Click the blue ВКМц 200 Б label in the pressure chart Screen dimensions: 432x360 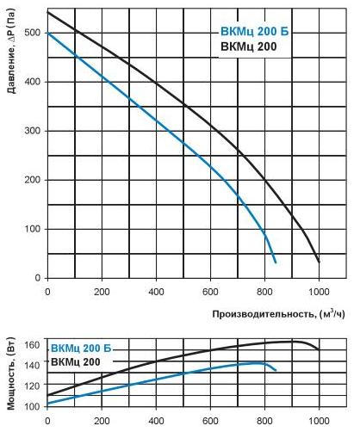point(251,33)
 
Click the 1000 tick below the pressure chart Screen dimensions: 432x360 point(318,291)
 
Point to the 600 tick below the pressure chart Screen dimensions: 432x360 point(210,291)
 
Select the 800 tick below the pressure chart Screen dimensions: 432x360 point(265,291)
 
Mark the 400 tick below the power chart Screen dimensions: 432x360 point(156,421)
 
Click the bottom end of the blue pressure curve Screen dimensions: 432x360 point(276,262)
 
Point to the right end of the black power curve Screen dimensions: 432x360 point(319,349)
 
